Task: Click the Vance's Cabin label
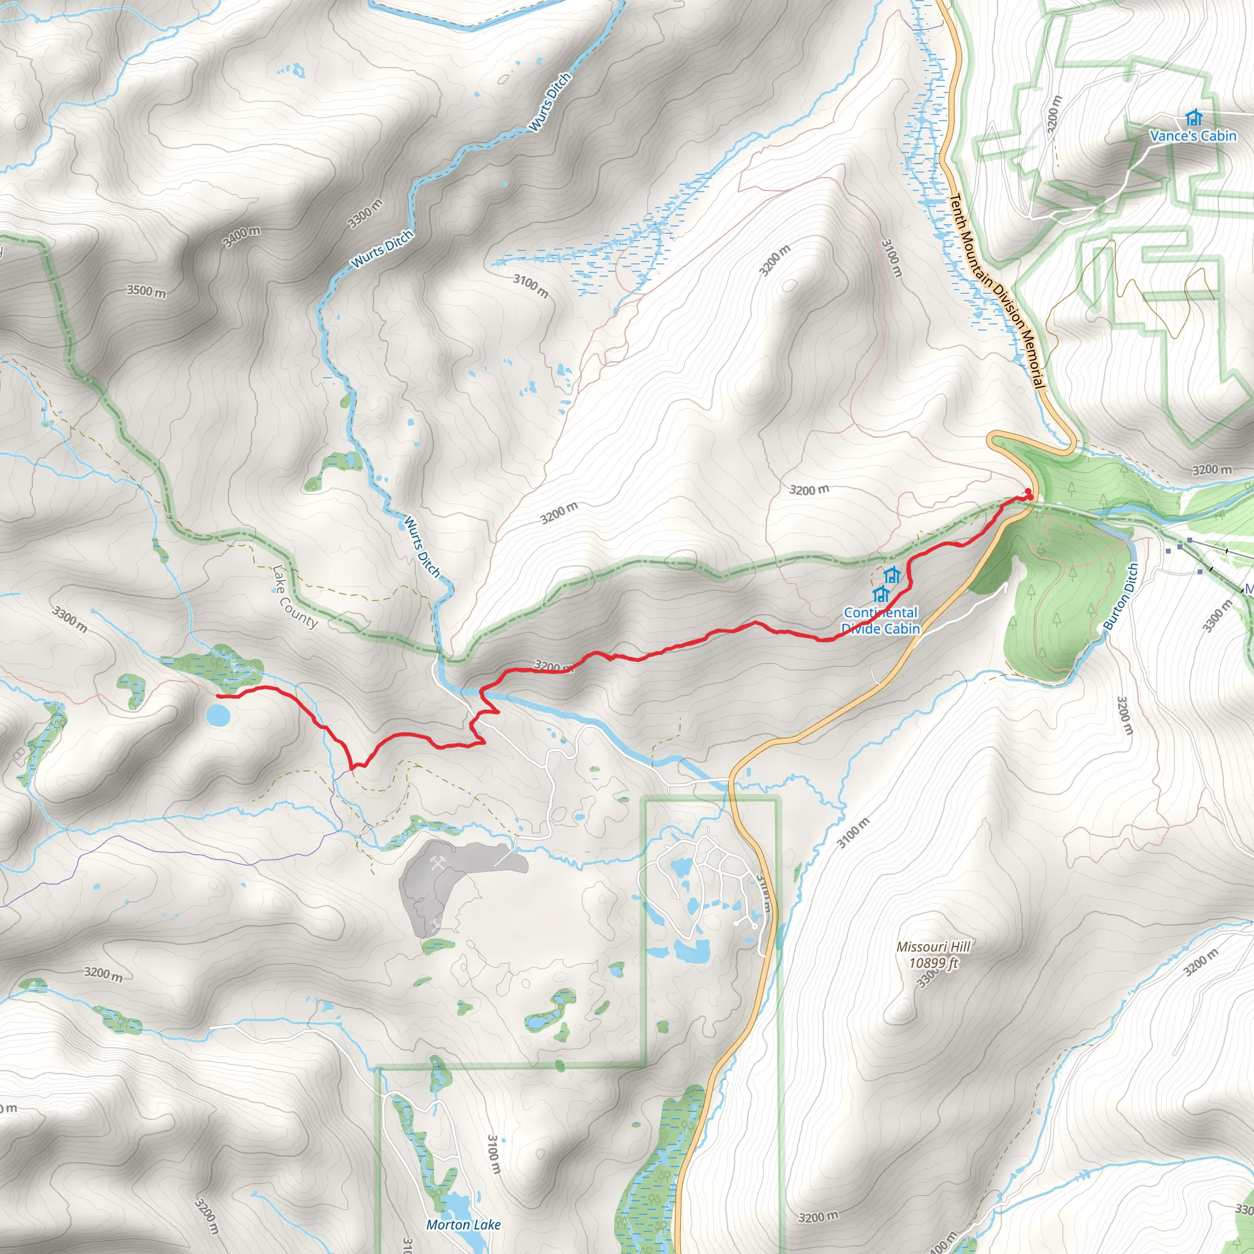[1193, 136]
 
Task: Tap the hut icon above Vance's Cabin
[1193, 118]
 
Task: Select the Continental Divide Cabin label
[880, 620]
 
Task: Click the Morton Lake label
[464, 1225]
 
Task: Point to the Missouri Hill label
[933, 947]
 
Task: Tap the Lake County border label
[295, 597]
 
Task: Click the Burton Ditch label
[1121, 596]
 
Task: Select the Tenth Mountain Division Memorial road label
[997, 291]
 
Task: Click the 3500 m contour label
[147, 291]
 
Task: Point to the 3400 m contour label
[241, 237]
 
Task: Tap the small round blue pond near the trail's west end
[217, 716]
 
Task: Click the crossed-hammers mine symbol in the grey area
[437, 863]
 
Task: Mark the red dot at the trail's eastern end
[1027, 490]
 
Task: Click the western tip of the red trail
[217, 696]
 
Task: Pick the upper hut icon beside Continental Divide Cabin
[892, 574]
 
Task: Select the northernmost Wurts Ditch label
[550, 102]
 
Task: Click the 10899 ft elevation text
[933, 963]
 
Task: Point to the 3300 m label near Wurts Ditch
[365, 214]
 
